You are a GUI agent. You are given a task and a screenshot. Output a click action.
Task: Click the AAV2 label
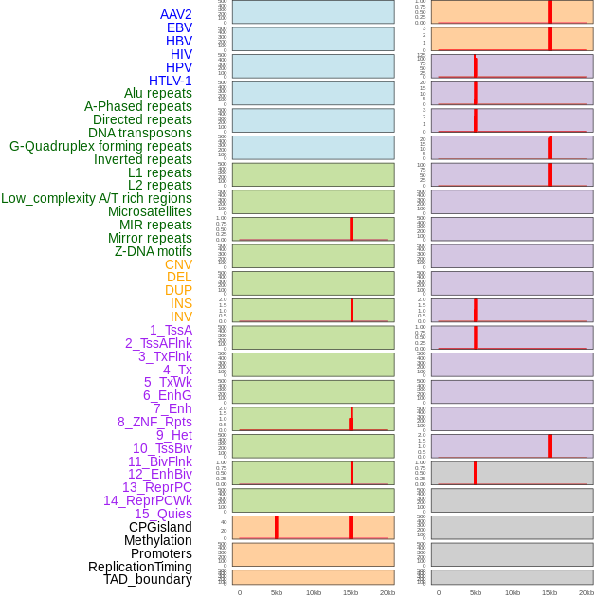[175, 14]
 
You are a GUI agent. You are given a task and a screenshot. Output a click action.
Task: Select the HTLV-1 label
[170, 81]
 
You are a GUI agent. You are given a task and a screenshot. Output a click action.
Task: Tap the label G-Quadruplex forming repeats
[100, 146]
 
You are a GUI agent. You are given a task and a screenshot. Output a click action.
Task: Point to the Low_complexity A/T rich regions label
[97, 198]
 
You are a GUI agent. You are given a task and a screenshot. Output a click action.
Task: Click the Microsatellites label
[150, 211]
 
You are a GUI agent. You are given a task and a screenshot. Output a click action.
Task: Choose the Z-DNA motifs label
[154, 251]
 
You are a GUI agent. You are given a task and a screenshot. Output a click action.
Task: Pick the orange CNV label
[178, 264]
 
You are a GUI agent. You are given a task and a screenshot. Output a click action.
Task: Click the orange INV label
[181, 317]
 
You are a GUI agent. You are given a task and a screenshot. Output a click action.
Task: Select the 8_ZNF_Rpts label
[154, 422]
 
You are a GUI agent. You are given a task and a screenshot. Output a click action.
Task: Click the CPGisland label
[160, 527]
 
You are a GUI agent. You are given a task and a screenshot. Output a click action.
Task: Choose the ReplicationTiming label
[140, 567]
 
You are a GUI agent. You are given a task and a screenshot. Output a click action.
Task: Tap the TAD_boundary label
[148, 579]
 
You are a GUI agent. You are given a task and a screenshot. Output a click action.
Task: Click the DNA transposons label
[140, 133]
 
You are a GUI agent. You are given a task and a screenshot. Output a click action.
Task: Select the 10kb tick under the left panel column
[314, 592]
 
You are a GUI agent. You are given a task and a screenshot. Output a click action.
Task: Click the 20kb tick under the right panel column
[587, 592]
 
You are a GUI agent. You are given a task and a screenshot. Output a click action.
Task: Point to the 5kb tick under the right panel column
[476, 592]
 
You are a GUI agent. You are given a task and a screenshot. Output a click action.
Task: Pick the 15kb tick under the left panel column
[351, 592]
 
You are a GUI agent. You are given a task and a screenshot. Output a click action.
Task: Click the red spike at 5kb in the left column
[277, 527]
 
